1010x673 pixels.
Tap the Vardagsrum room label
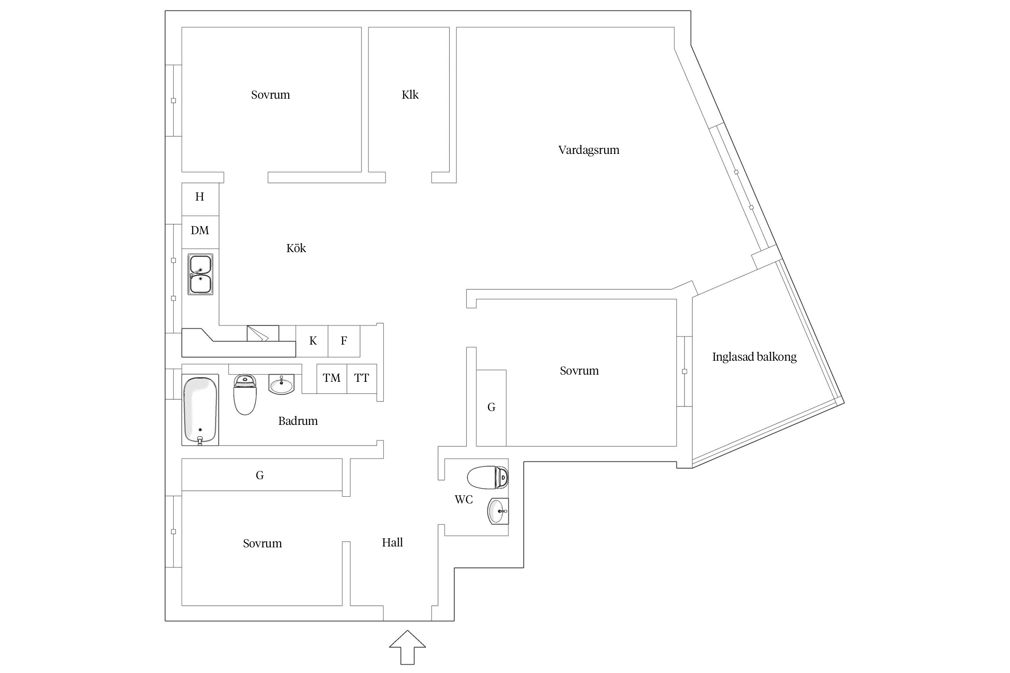pyautogui.click(x=588, y=150)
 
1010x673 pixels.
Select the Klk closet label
pyautogui.click(x=410, y=95)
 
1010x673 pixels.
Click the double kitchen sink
pyautogui.click(x=200, y=274)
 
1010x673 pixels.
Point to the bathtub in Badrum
pyautogui.click(x=200, y=410)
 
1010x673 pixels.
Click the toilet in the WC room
pyautogui.click(x=488, y=478)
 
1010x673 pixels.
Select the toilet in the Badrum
pyautogui.click(x=245, y=395)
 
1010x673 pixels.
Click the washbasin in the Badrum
pyautogui.click(x=281, y=385)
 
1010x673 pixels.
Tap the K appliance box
pyautogui.click(x=312, y=341)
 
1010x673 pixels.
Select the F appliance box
pyautogui.click(x=344, y=341)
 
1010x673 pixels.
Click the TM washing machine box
pyautogui.click(x=332, y=378)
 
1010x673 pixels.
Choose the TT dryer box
pyautogui.click(x=361, y=378)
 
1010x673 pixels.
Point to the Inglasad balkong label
pyautogui.click(x=754, y=357)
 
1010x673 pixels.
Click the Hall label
pyautogui.click(x=392, y=543)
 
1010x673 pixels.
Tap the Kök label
pyautogui.click(x=296, y=249)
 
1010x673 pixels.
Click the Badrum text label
pyautogui.click(x=298, y=421)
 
